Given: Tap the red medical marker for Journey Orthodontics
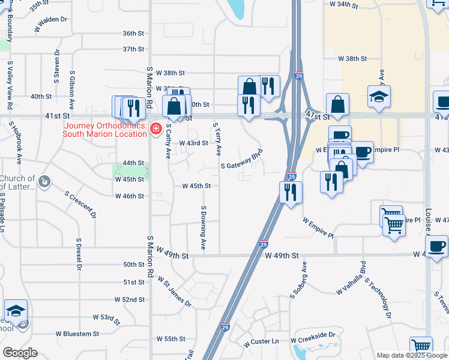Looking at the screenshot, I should coord(156,128).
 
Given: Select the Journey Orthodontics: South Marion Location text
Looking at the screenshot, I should coord(105,130).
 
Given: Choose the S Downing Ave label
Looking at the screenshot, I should coord(203,228).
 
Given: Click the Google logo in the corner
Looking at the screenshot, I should coord(19,353).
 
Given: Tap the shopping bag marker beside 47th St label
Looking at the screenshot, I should coord(337,104).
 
